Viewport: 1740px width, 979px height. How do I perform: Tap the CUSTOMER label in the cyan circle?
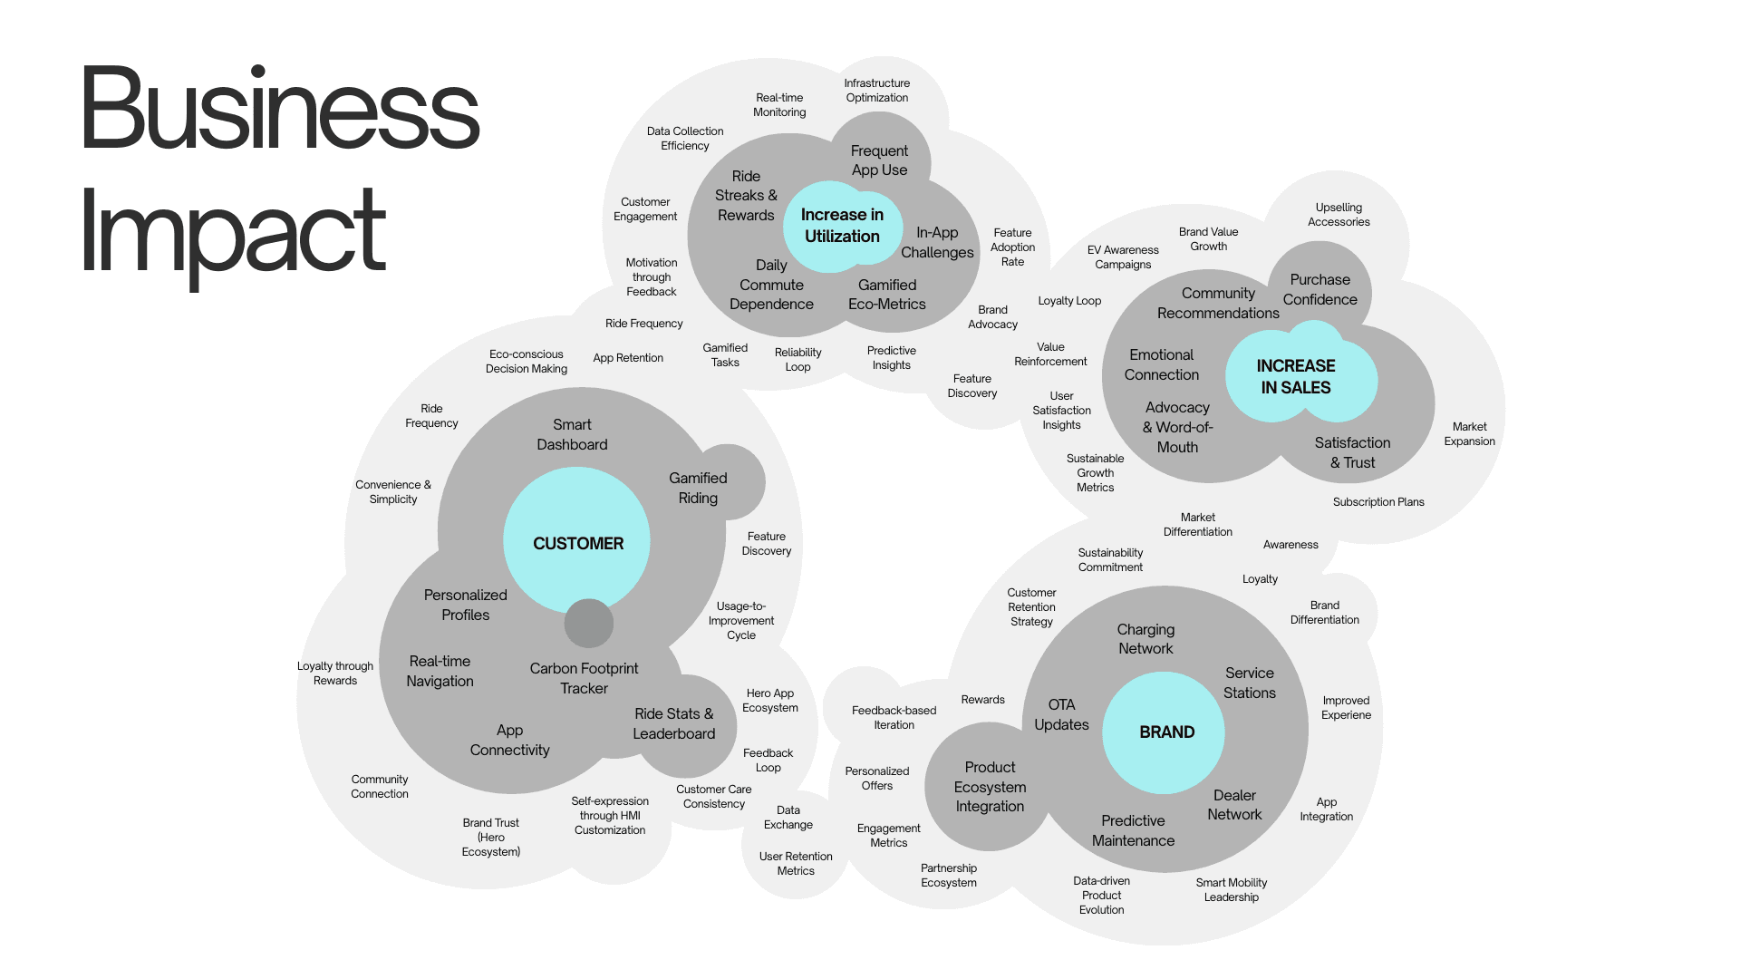578,544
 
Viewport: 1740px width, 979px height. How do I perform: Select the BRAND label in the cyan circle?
1166,732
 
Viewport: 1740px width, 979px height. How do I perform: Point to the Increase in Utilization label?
842,226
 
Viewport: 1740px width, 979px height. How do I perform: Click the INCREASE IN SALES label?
1296,377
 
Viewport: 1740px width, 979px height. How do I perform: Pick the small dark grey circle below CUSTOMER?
589,624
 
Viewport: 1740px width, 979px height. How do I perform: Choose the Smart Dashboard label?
572,435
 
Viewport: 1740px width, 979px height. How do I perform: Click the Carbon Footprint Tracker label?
584,679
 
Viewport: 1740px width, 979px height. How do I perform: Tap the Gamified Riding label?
698,489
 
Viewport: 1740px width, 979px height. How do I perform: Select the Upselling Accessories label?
1339,215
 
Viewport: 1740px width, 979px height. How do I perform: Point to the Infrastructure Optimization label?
876,91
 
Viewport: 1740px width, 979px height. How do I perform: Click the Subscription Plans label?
1378,502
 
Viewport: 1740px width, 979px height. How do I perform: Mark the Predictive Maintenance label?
1133,831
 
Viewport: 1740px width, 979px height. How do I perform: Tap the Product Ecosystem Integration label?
990,787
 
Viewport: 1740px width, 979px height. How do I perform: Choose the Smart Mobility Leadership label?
1231,890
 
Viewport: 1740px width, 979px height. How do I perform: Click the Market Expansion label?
1469,434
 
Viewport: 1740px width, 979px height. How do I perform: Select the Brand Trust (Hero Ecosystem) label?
490,838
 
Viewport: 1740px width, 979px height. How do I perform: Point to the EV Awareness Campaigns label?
1123,257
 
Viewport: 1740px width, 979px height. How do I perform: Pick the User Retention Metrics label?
796,864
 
